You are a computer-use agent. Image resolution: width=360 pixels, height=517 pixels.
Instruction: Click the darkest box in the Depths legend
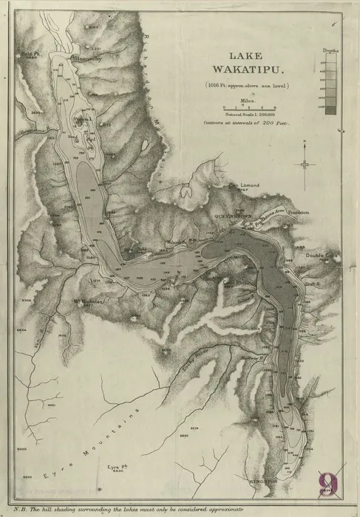[332, 110]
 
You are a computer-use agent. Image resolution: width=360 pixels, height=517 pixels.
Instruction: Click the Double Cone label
[319, 256]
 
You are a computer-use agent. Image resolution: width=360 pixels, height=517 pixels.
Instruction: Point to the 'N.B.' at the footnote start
[21, 510]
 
